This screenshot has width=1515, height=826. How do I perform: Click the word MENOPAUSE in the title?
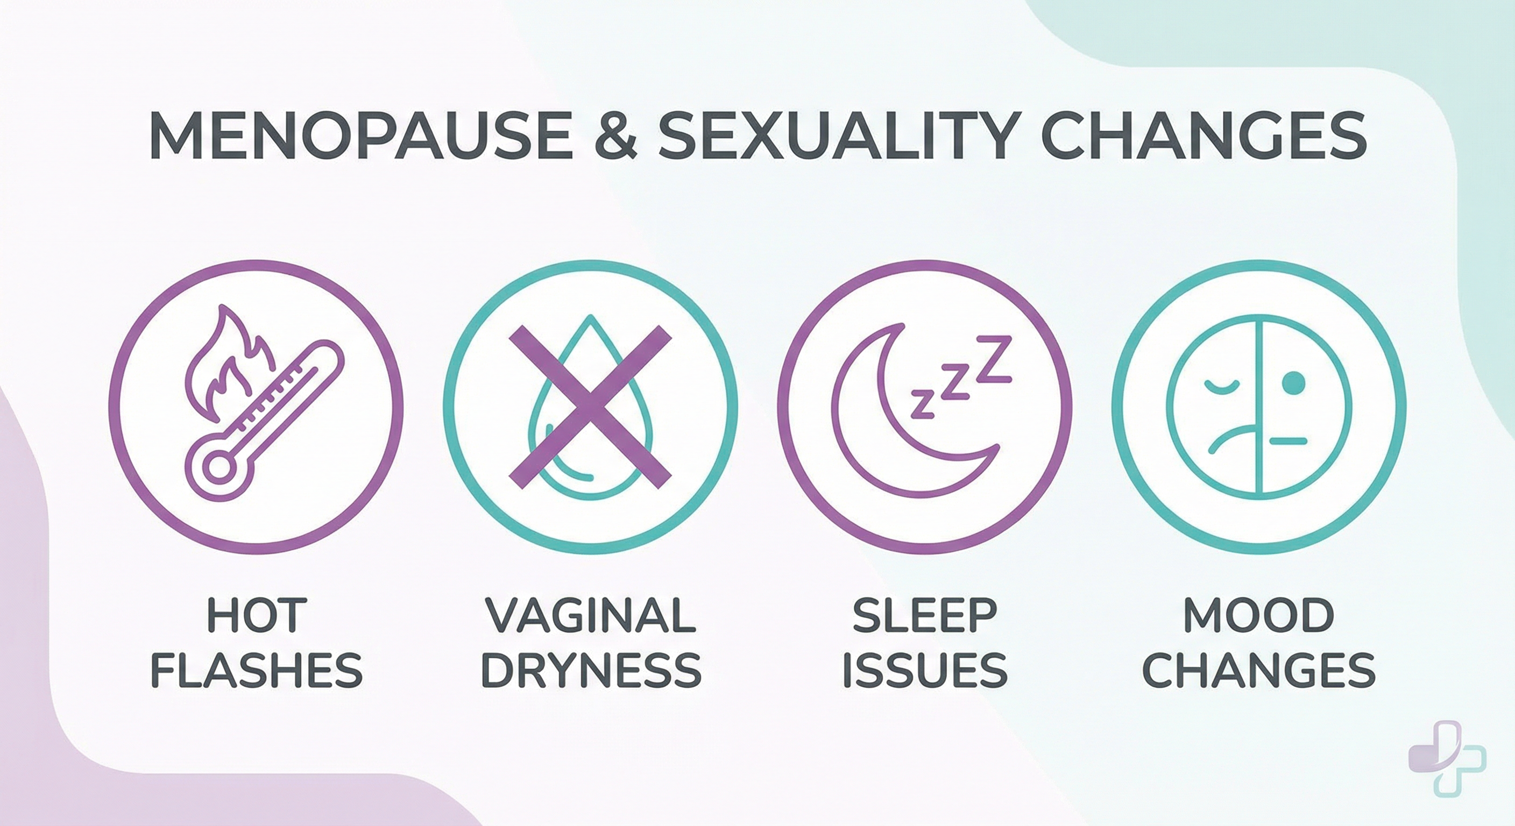coord(360,137)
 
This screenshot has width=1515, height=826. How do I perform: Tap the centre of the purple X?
coord(590,407)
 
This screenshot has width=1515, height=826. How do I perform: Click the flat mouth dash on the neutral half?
coord(1288,440)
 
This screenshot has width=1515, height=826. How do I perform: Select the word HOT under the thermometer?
coord(257,616)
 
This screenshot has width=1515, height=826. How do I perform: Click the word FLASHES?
coord(257,670)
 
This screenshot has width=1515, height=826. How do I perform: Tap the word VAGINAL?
coord(591,616)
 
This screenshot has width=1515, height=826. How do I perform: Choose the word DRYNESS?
coord(591,670)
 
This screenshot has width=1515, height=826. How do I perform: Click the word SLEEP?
coord(924,616)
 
